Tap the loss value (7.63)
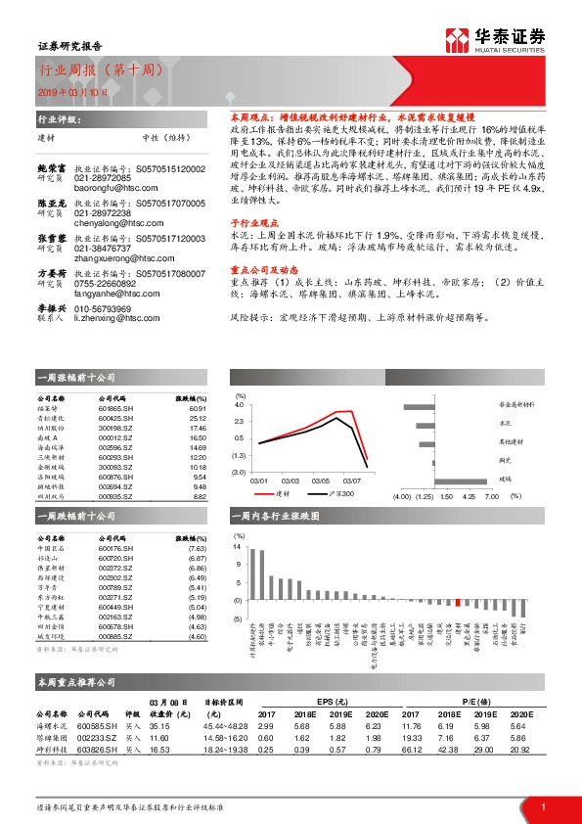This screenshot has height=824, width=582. pos(197,548)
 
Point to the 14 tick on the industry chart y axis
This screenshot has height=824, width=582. pos(237,548)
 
